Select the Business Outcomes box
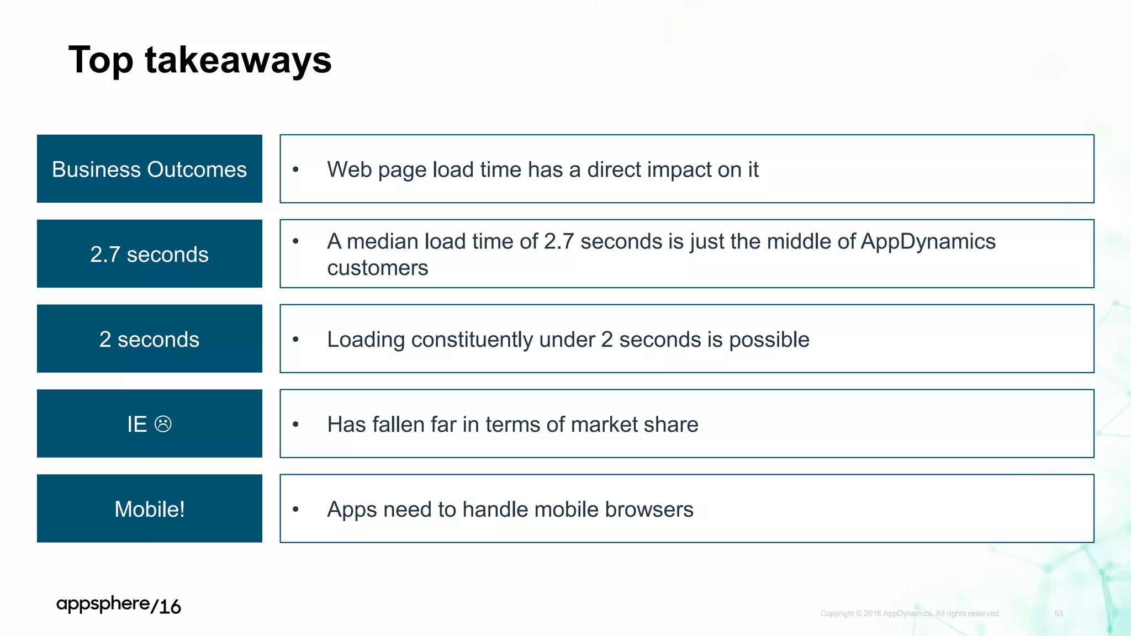[x=149, y=169]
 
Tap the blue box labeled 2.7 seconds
[x=149, y=254]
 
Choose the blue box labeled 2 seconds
[x=149, y=339]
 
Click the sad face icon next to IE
[x=163, y=424]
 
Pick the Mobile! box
[x=149, y=508]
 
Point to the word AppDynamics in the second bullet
[x=928, y=241]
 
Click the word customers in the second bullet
[x=377, y=268]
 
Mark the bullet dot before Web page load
[x=295, y=169]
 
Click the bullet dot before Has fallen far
[x=295, y=425]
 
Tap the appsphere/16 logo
[x=118, y=605]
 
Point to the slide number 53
[x=1058, y=613]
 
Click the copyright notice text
[x=910, y=613]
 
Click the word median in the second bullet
[x=382, y=241]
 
